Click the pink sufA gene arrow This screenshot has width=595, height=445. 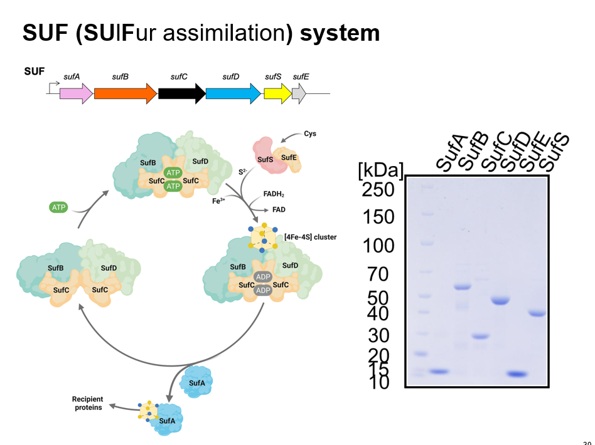tap(75, 93)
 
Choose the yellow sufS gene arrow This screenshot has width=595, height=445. tap(277, 93)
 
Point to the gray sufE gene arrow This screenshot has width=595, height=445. tap(300, 93)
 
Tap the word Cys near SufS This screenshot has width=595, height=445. tap(310, 133)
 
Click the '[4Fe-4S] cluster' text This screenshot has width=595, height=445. tap(310, 237)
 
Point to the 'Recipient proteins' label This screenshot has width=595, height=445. tap(87, 403)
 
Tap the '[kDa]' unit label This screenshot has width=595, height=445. tap(380, 170)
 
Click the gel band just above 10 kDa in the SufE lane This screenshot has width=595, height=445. tap(518, 374)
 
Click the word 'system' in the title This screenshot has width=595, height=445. tap(340, 33)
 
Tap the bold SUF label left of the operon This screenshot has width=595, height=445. tap(35, 71)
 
